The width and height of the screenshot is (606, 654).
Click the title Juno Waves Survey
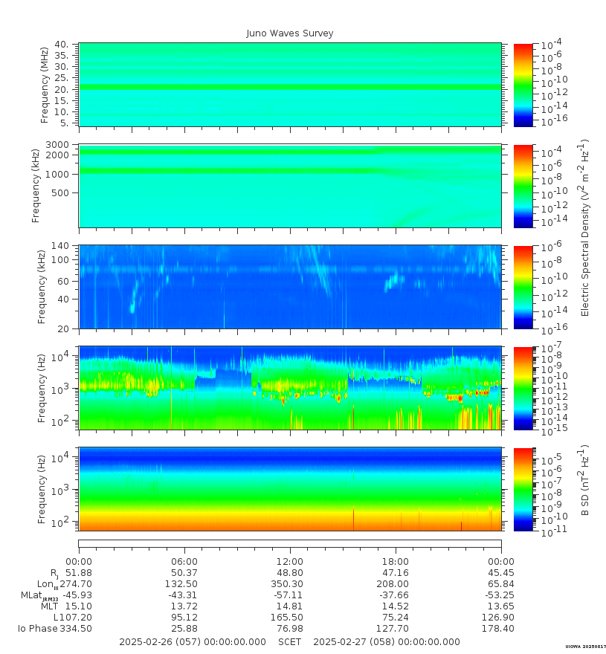(x=290, y=33)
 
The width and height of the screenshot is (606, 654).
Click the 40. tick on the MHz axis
(x=62, y=45)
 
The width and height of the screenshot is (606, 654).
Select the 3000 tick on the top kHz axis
(x=59, y=145)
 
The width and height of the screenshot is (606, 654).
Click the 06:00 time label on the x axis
(x=184, y=562)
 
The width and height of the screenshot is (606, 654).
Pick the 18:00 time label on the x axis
(x=395, y=562)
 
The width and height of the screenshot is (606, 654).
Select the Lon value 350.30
(x=290, y=584)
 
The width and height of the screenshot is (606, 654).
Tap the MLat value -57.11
(x=290, y=595)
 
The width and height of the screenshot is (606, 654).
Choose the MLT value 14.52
(x=395, y=606)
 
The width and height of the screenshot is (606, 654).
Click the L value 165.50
(x=290, y=618)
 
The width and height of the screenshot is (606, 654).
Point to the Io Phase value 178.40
(x=500, y=629)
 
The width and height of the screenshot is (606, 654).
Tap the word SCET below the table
(x=290, y=642)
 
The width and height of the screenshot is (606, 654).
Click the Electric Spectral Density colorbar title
(x=585, y=227)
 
